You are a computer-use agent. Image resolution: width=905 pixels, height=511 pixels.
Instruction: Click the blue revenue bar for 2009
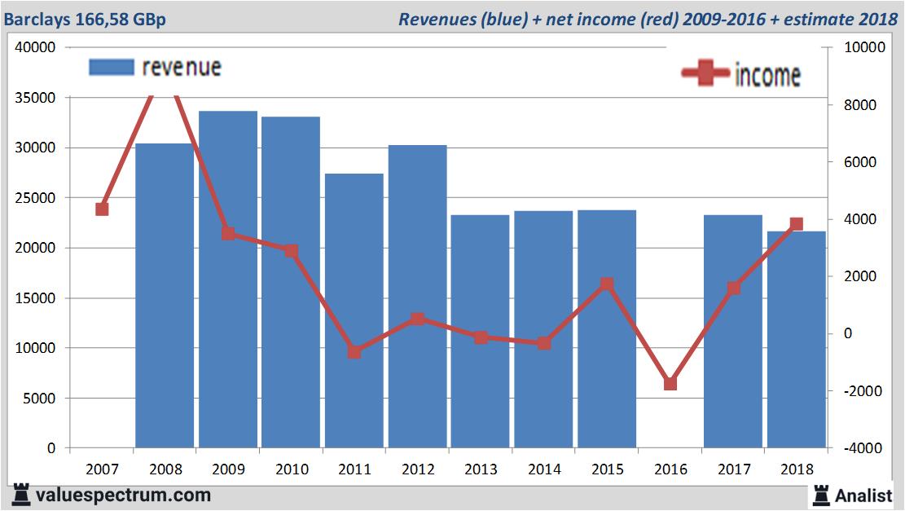click(228, 342)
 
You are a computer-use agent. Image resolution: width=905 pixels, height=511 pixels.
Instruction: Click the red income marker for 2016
click(670, 384)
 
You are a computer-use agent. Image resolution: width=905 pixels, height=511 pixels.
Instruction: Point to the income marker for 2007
click(102, 209)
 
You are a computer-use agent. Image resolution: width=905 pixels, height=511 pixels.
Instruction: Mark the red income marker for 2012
click(418, 319)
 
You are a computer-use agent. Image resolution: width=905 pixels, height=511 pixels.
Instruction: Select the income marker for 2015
click(607, 284)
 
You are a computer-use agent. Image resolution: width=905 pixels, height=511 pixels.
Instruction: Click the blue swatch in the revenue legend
click(111, 68)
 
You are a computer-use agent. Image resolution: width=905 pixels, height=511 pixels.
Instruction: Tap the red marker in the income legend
click(705, 73)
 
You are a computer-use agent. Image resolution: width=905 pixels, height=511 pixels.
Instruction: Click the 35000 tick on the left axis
click(36, 98)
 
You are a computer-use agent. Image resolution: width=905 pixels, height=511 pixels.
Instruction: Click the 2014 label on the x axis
click(544, 469)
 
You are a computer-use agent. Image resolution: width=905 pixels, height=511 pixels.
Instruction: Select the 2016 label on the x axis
click(670, 469)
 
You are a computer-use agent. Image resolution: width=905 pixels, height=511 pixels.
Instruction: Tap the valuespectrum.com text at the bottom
click(122, 495)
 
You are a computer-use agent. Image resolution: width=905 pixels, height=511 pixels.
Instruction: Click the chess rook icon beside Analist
click(821, 495)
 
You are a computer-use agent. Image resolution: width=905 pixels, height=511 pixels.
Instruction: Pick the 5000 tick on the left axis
click(39, 399)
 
